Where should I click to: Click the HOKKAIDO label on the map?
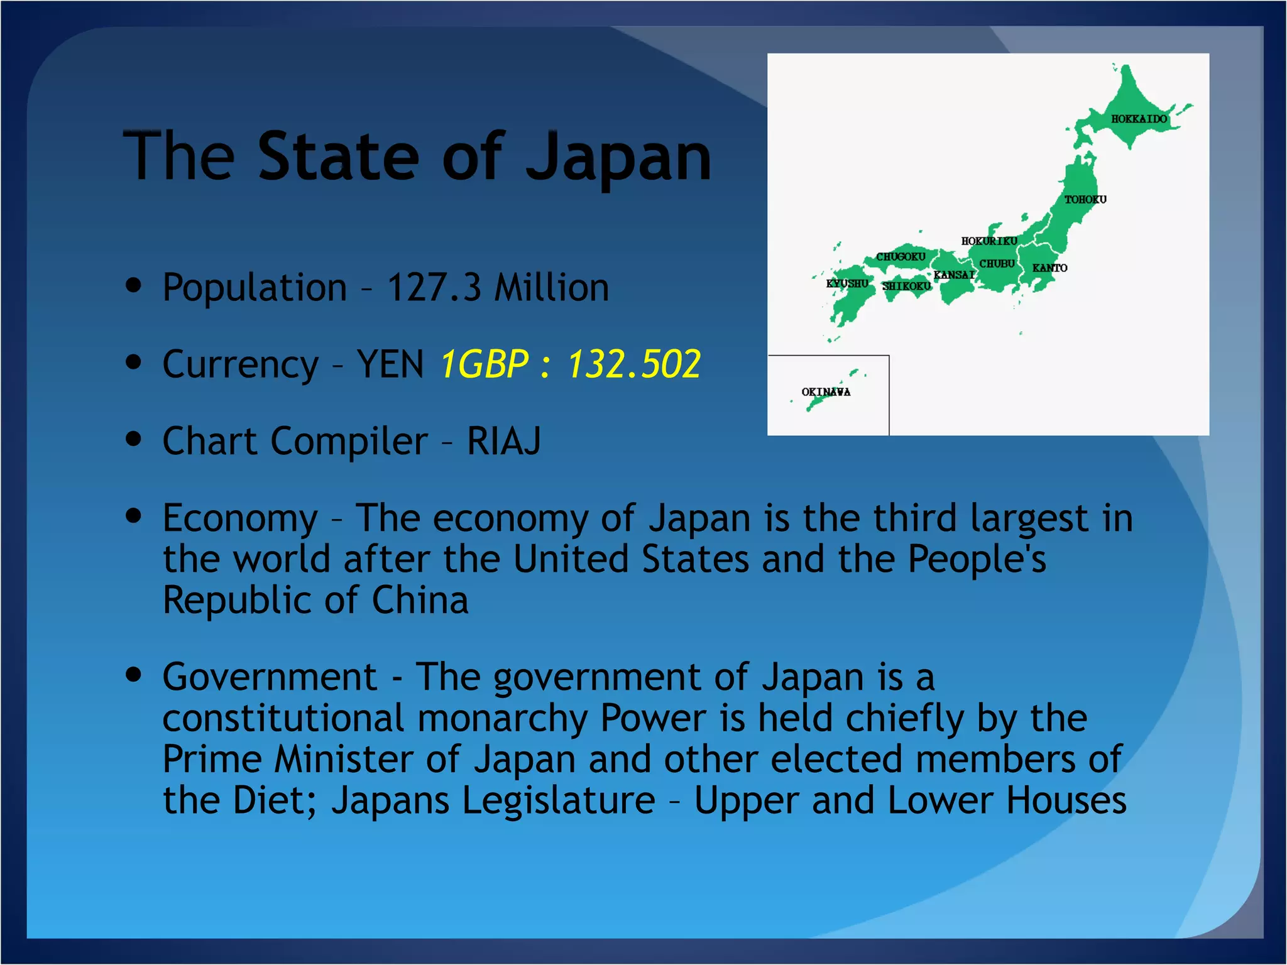(x=1139, y=119)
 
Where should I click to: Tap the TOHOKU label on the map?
(x=1085, y=199)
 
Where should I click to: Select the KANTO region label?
(x=1049, y=268)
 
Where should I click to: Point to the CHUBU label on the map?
(x=997, y=263)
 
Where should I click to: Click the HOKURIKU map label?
(x=989, y=241)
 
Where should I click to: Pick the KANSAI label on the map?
(x=953, y=275)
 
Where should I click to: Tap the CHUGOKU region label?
(x=901, y=256)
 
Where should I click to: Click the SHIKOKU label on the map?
(x=906, y=286)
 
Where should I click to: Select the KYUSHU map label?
(x=846, y=283)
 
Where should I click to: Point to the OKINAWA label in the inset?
(x=826, y=391)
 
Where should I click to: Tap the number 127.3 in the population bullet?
(x=434, y=288)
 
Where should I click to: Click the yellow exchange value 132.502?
(x=633, y=364)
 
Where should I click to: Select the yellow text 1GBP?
(x=484, y=364)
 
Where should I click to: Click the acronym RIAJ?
(x=503, y=441)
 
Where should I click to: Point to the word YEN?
(x=390, y=364)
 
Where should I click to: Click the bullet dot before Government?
(x=133, y=675)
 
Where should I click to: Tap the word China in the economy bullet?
(x=420, y=600)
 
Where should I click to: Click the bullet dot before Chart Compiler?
(x=133, y=439)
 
